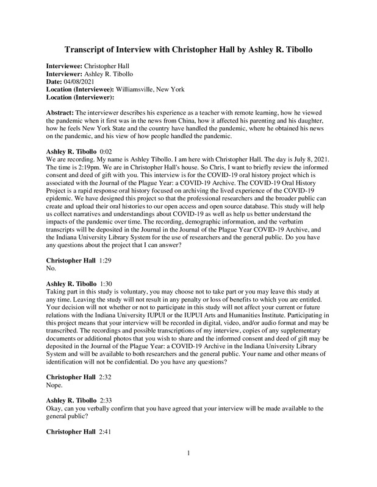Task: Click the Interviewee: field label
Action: [63, 64]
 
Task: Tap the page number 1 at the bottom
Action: [189, 469]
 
